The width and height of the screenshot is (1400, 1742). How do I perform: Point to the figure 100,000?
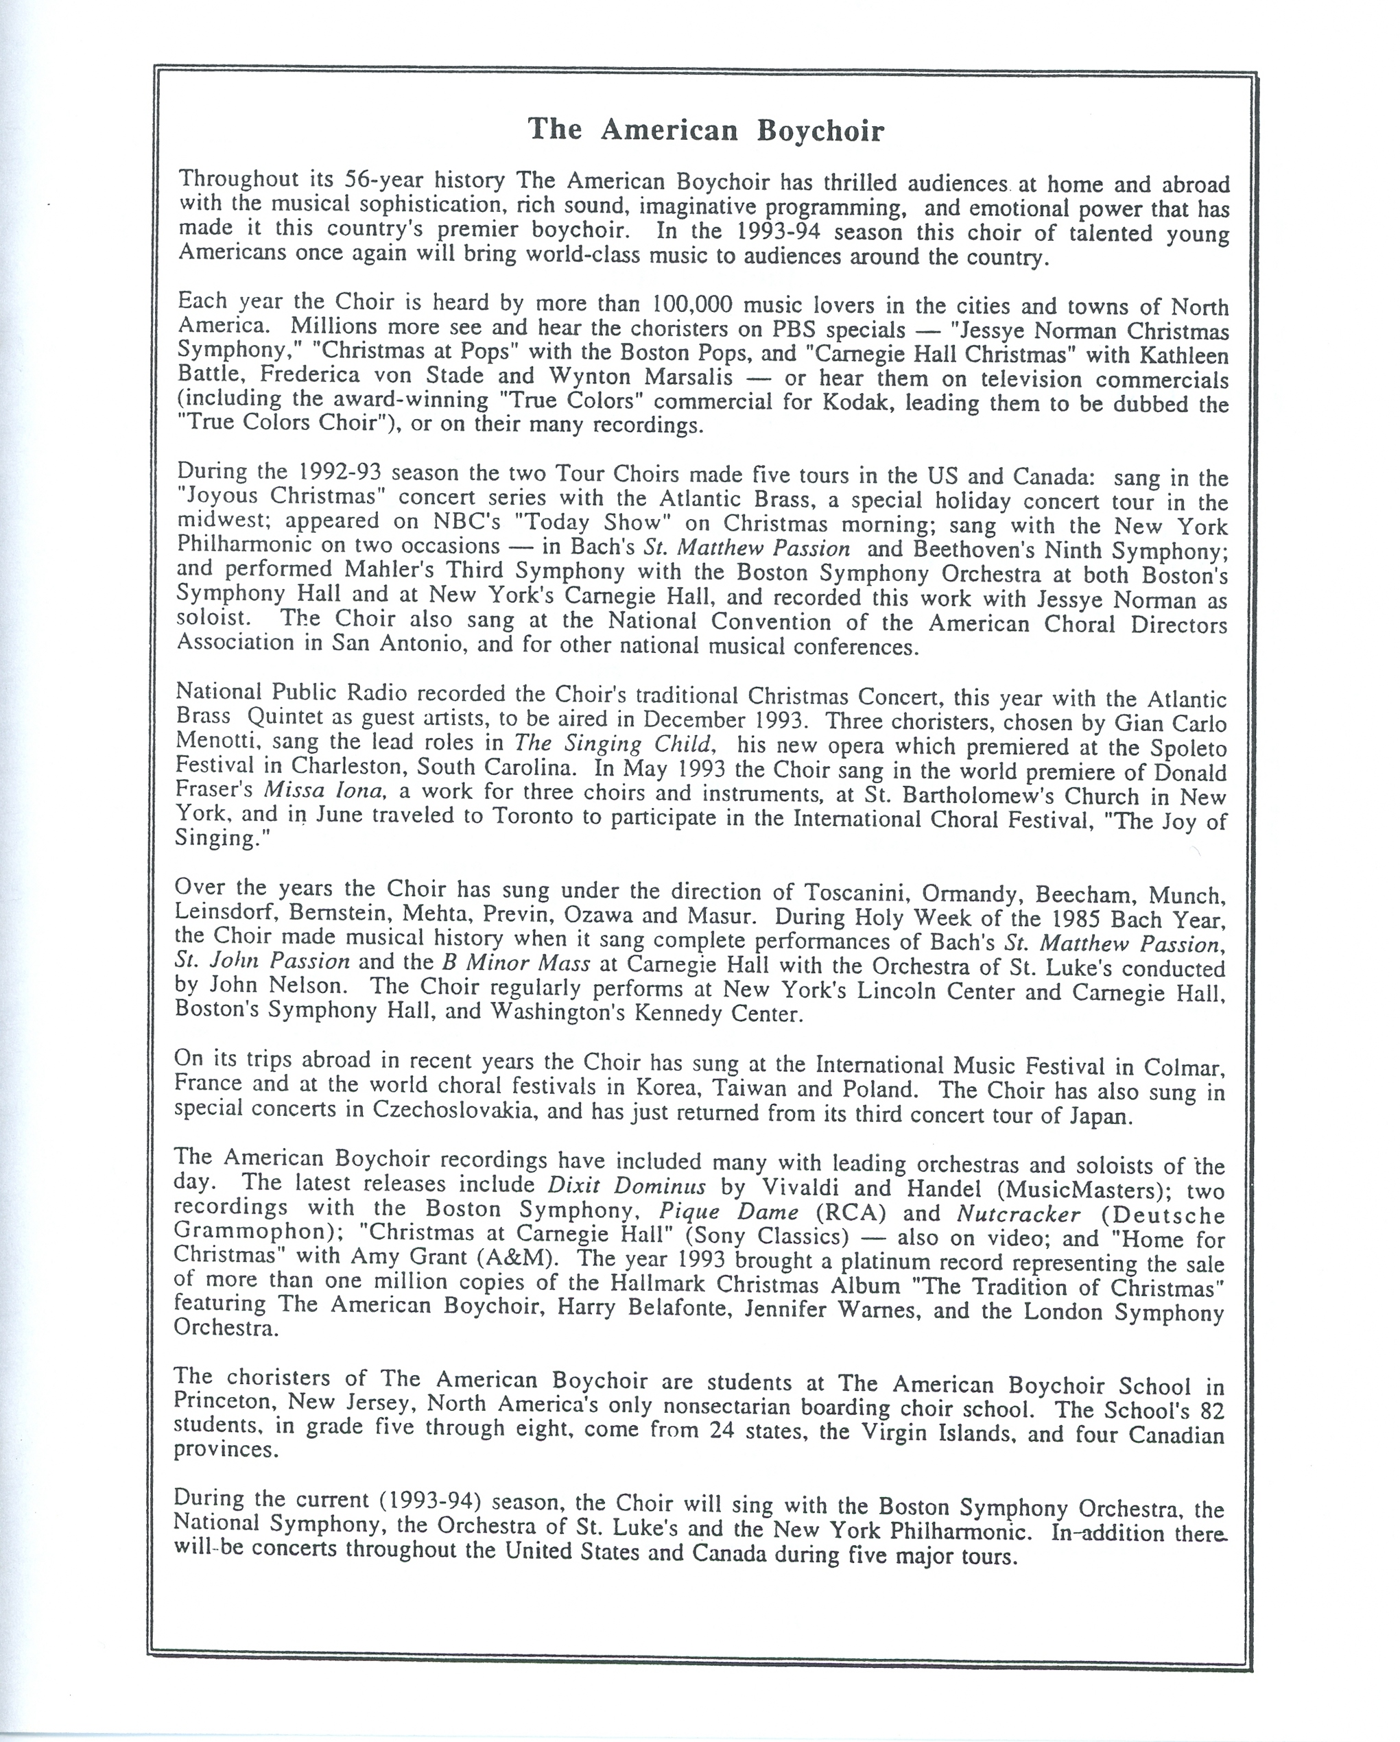pos(692,305)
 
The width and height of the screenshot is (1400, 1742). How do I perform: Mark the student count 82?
pos(1208,1411)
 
